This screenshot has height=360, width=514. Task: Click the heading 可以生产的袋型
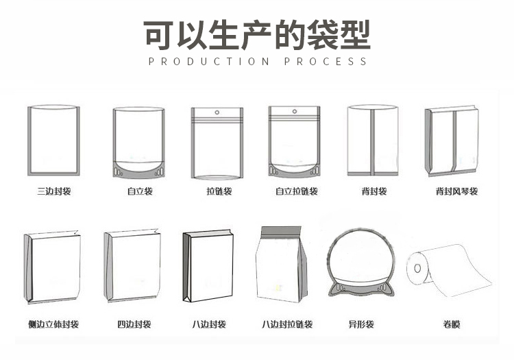point(257,35)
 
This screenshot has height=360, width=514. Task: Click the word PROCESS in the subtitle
point(326,62)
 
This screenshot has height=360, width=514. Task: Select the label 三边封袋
point(53,191)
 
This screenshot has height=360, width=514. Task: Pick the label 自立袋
point(139,191)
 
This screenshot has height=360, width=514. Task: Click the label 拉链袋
point(219,191)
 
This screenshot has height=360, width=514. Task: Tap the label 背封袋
point(374,191)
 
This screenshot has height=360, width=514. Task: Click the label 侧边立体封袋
point(53,324)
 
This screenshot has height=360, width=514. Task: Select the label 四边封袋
point(134,324)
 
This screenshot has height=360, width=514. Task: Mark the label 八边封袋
point(209,324)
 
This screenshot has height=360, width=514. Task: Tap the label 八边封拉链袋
point(287,324)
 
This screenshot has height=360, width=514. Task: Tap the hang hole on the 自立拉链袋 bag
point(295,112)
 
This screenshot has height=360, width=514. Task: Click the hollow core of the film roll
point(417,267)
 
